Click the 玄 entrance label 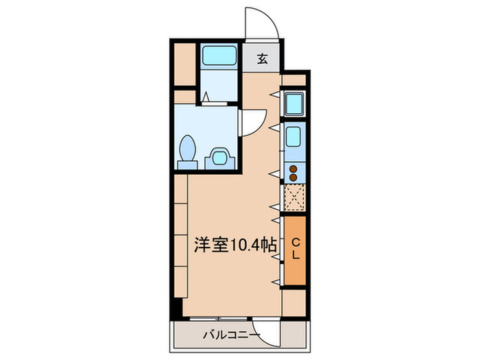coord(262,59)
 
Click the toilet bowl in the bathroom coord(187,149)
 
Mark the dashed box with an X coord(294,198)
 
